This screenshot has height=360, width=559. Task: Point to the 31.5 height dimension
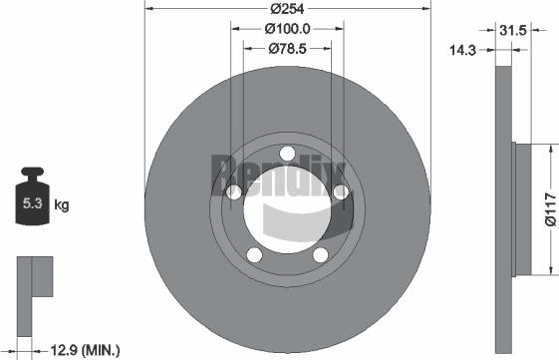click(512, 31)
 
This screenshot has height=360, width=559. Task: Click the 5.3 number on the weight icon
click(32, 206)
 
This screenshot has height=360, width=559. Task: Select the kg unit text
click(61, 206)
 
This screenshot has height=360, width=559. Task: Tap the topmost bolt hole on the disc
click(286, 154)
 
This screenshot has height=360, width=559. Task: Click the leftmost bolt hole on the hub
click(234, 192)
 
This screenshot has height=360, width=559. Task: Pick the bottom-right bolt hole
click(319, 254)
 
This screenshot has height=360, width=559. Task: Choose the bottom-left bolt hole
click(254, 254)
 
